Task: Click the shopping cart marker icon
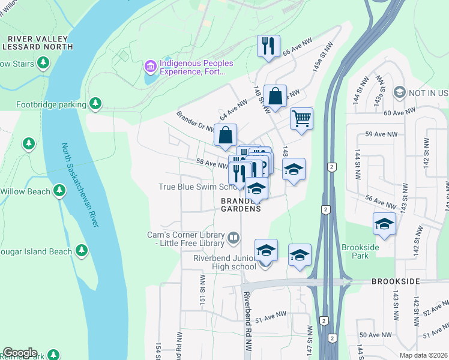[301, 118]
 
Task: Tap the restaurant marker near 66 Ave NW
[268, 46]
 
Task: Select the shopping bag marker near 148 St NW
[274, 96]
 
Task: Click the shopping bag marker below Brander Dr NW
[225, 135]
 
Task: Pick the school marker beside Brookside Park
[384, 224]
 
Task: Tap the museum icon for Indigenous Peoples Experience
[150, 65]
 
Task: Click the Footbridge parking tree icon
[95, 104]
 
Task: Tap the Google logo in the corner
[20, 353]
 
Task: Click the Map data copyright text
[423, 355]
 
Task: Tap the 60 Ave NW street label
[400, 113]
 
